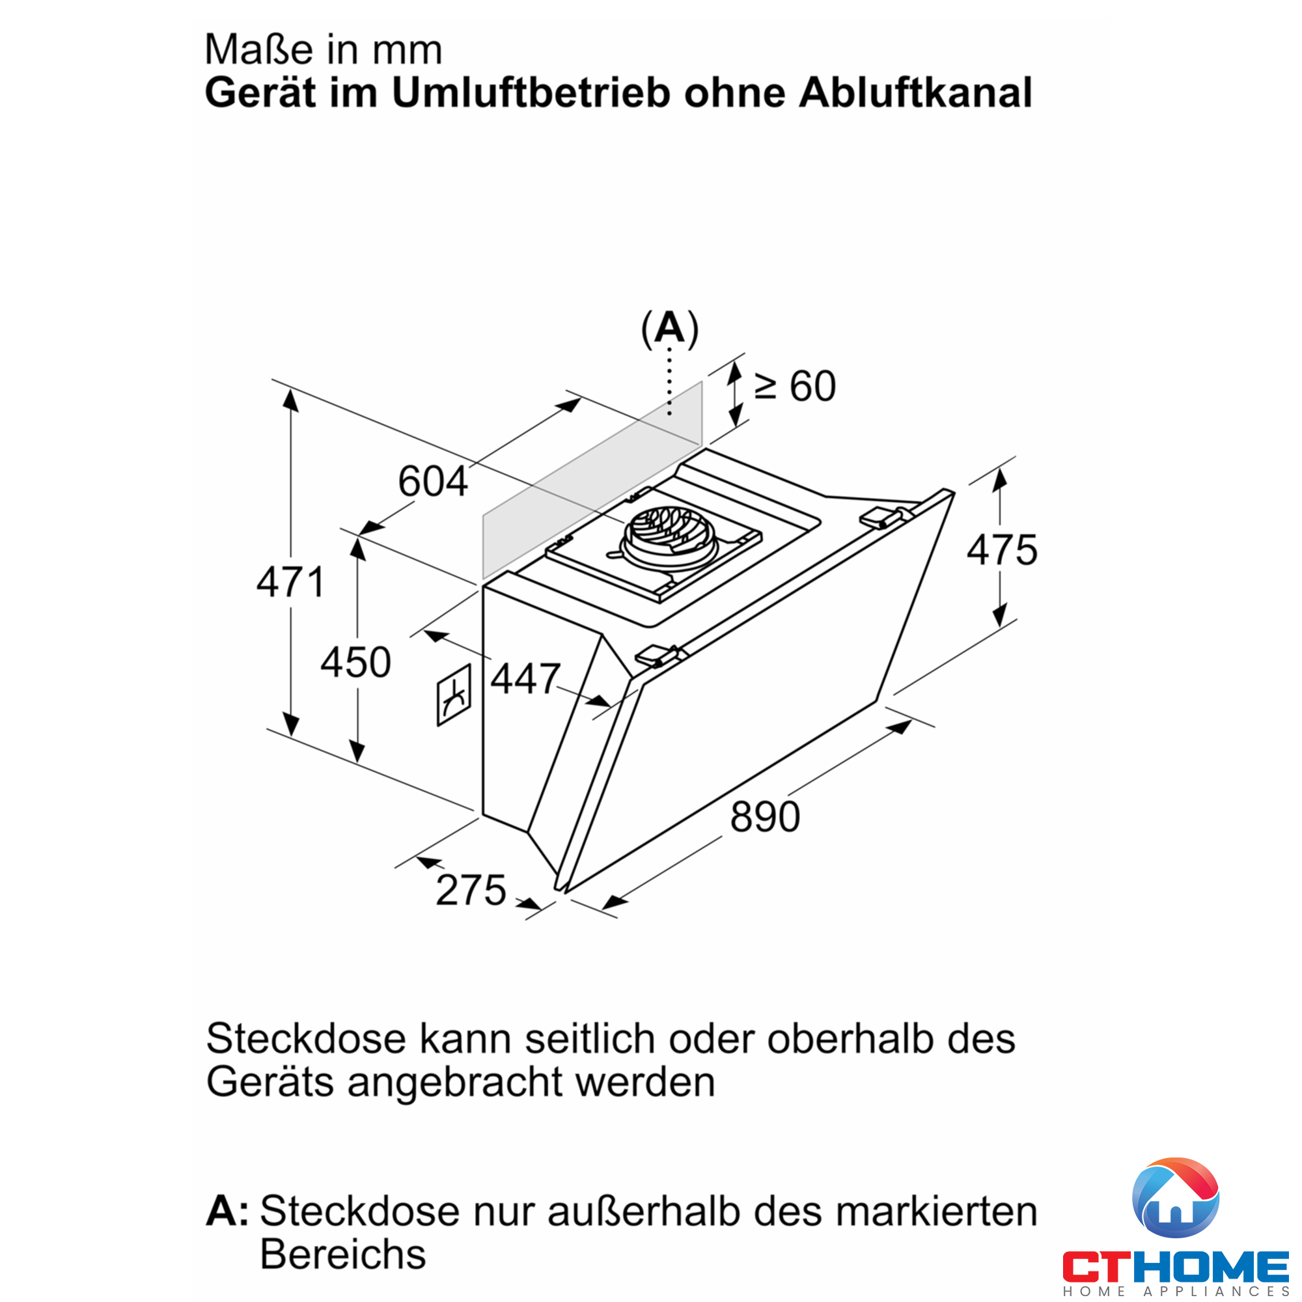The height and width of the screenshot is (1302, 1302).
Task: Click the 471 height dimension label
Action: pos(291,582)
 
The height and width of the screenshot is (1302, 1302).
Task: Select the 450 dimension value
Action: pos(356,662)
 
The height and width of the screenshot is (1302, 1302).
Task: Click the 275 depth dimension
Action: pos(471,889)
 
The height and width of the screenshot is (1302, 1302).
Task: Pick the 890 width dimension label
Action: pos(765,817)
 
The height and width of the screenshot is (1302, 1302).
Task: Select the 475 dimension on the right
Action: pos(1002,550)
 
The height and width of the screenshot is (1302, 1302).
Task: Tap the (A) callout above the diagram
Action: pos(670,329)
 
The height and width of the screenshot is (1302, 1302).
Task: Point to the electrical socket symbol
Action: pos(454,695)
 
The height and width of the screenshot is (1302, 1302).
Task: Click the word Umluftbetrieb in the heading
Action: pos(531,92)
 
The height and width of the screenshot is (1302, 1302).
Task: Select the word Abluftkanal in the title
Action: pos(915,92)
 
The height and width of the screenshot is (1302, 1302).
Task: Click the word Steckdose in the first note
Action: pos(306,1038)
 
